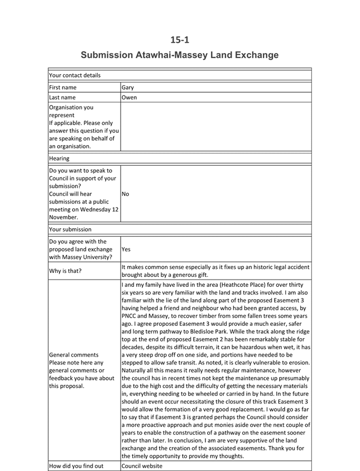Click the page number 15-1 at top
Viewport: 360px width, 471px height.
180,39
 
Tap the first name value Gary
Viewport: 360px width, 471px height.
127,88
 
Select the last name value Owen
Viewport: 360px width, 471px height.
129,97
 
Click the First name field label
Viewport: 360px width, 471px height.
63,88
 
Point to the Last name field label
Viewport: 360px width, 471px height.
63,97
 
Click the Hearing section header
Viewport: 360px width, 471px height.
59,158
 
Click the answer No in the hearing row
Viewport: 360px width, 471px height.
126,194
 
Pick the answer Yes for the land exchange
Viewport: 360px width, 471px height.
127,250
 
